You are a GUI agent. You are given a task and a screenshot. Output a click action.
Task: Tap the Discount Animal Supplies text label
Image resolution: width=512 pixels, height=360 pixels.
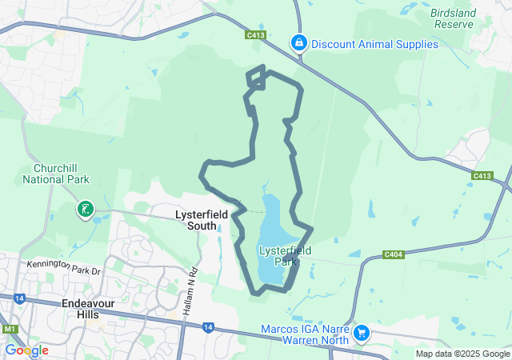375,44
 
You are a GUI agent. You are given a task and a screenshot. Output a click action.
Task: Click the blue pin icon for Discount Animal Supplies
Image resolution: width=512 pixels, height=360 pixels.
298,42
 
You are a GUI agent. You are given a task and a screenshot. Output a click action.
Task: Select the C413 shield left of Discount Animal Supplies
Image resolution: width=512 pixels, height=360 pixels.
256,36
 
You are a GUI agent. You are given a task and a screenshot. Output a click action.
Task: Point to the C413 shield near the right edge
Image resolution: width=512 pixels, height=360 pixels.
482,176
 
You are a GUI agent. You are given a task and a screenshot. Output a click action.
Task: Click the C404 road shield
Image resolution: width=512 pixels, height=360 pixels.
393,254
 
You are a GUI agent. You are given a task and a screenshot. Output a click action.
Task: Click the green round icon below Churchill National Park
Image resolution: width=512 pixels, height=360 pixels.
84,210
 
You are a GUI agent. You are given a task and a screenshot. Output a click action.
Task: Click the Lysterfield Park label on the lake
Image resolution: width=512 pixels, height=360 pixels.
278,255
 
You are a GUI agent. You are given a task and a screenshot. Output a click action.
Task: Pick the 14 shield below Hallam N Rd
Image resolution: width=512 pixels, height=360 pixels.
208,326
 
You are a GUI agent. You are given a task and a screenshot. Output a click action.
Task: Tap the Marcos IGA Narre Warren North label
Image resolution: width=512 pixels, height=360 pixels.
305,334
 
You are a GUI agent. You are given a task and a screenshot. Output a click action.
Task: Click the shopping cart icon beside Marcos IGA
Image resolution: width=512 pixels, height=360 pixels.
362,332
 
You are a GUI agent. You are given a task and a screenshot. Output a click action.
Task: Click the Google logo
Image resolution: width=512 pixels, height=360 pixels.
26,350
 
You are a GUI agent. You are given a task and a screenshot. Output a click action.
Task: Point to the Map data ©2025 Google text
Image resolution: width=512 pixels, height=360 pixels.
462,354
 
